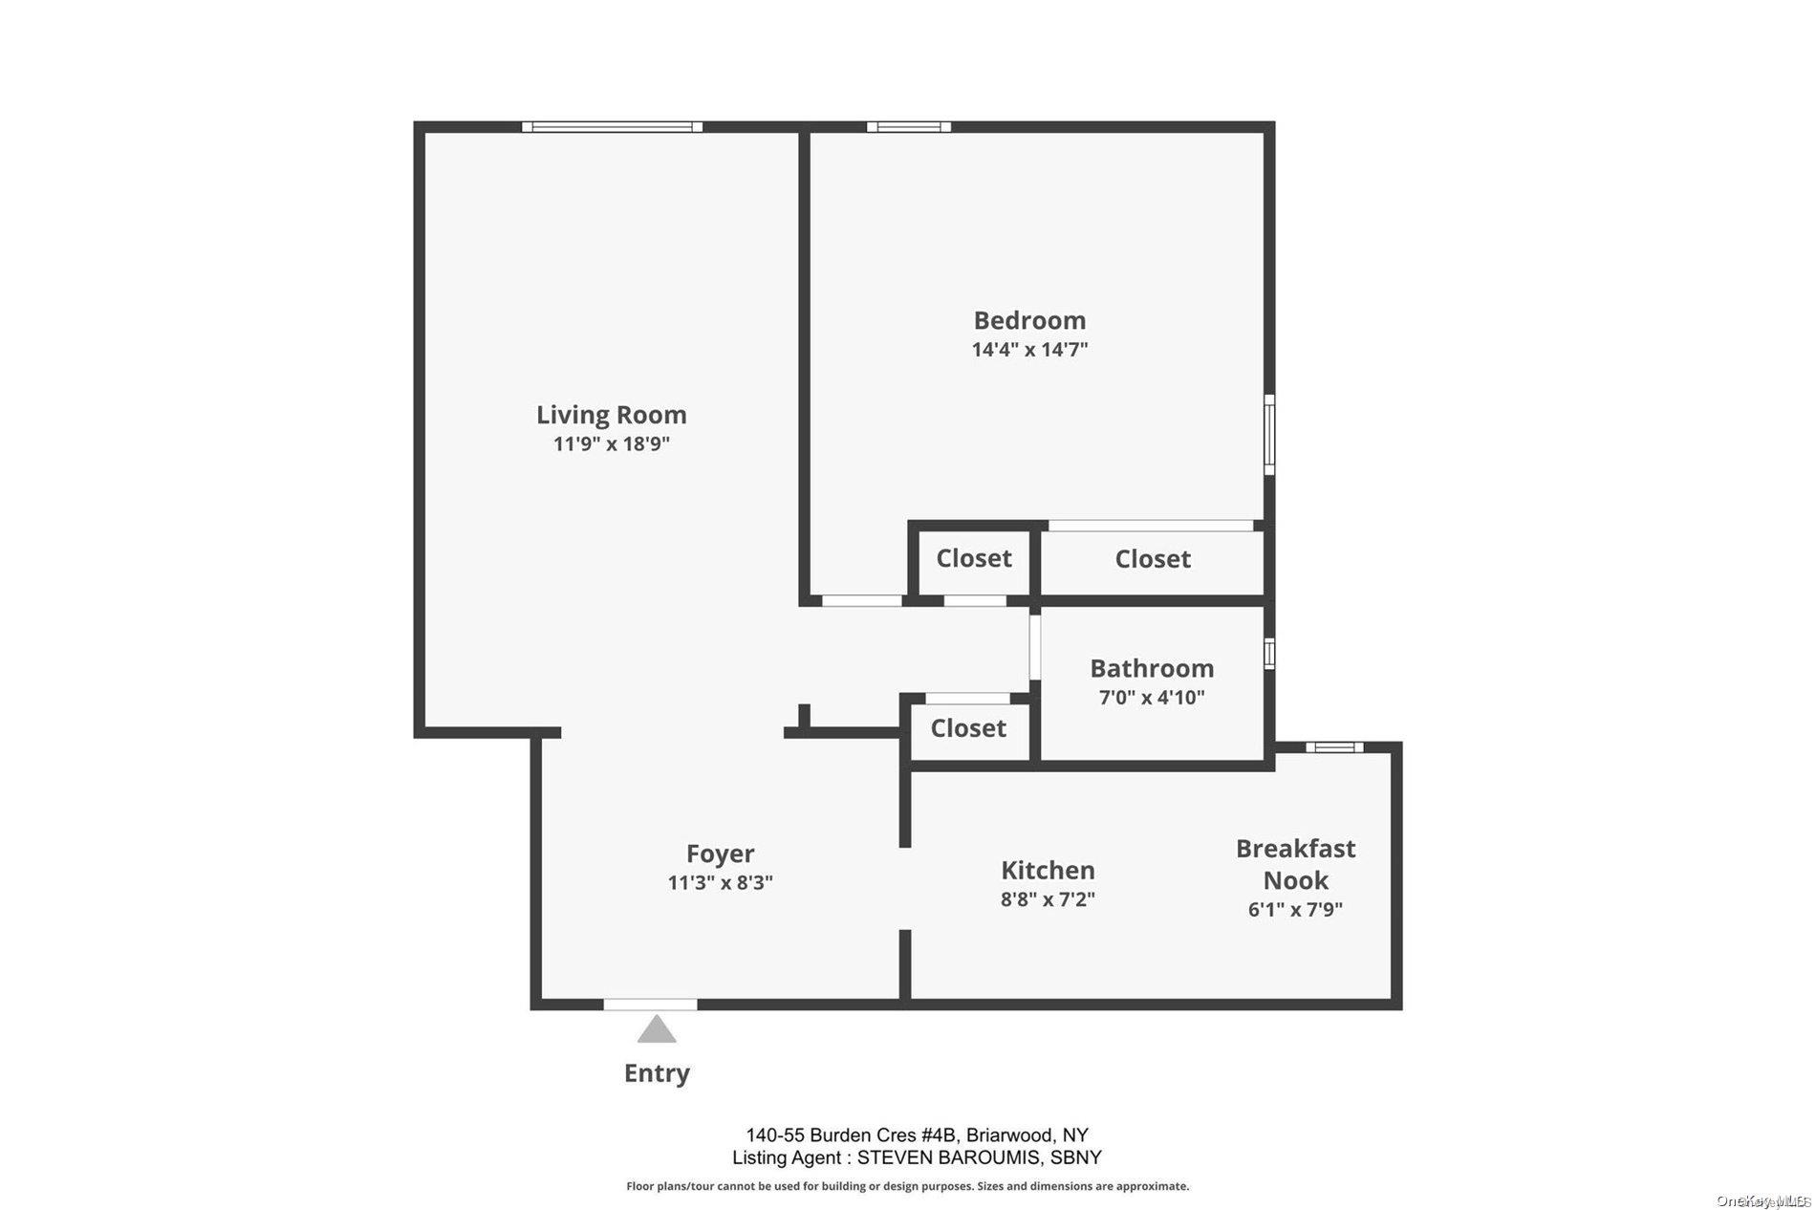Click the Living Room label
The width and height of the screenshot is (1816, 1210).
[x=611, y=415]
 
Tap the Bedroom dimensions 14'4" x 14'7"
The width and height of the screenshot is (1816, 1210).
[x=1029, y=350]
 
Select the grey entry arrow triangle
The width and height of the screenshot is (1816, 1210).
[x=657, y=1030]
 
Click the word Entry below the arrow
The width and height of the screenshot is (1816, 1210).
[x=657, y=1073]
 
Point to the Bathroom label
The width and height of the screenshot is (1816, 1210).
[x=1152, y=668]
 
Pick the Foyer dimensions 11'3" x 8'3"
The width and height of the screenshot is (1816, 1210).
[x=720, y=883]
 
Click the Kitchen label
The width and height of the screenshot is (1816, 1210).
[x=1048, y=871]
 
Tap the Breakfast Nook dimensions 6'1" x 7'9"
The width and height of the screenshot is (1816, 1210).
[x=1295, y=910]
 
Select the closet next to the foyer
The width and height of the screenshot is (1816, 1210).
[x=968, y=729]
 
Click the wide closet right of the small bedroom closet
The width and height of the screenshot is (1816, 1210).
[x=1152, y=560]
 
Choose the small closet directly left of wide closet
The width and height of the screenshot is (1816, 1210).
[x=973, y=559]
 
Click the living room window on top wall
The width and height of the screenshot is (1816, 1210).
[x=612, y=126]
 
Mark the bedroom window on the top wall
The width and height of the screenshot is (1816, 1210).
[x=908, y=126]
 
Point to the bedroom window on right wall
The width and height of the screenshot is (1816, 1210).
[x=1269, y=435]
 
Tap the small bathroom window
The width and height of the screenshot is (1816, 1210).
[x=1269, y=654]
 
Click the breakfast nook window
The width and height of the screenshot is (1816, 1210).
[x=1334, y=747]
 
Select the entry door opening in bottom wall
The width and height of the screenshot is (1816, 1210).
[x=650, y=1005]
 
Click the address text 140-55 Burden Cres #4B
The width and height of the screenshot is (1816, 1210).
[x=851, y=1135]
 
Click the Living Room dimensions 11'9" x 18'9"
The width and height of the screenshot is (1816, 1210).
[x=611, y=444]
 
